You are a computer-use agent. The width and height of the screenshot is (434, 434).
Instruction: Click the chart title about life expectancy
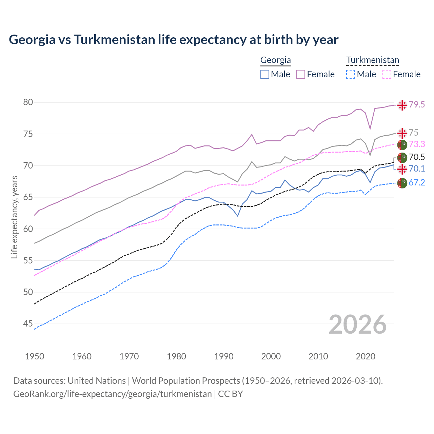[174, 40]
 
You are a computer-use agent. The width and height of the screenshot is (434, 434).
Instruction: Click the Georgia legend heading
[275, 60]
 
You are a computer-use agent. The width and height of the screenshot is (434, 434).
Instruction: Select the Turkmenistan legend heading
[373, 60]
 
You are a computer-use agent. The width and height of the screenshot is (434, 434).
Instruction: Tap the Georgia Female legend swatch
[301, 74]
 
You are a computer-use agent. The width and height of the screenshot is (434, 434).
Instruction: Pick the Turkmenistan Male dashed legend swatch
[351, 74]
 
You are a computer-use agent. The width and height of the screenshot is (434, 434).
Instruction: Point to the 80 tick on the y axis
[28, 102]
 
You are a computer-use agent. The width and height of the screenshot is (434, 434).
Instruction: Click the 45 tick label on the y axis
[28, 324]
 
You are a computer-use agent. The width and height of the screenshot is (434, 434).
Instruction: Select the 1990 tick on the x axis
[224, 356]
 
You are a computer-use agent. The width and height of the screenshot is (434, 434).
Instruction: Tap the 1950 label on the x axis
[35, 356]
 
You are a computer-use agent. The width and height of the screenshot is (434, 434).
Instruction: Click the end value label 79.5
[416, 105]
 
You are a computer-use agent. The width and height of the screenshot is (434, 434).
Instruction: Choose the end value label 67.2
[416, 183]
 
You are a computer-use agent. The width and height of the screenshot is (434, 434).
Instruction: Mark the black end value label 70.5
[416, 157]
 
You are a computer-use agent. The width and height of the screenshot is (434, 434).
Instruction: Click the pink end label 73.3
[416, 144]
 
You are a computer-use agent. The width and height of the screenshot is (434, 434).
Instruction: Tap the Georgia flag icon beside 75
[402, 133]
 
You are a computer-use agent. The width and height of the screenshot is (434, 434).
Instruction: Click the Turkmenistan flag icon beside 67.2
[402, 183]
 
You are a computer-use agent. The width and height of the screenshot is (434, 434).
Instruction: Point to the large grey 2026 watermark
[358, 325]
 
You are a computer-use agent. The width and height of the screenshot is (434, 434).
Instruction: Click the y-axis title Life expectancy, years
[14, 217]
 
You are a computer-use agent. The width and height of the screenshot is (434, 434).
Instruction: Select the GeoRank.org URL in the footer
[112, 394]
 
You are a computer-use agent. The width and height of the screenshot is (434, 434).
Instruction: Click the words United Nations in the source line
[97, 381]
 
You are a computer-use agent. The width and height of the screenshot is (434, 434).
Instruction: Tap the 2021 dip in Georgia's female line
[370, 129]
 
